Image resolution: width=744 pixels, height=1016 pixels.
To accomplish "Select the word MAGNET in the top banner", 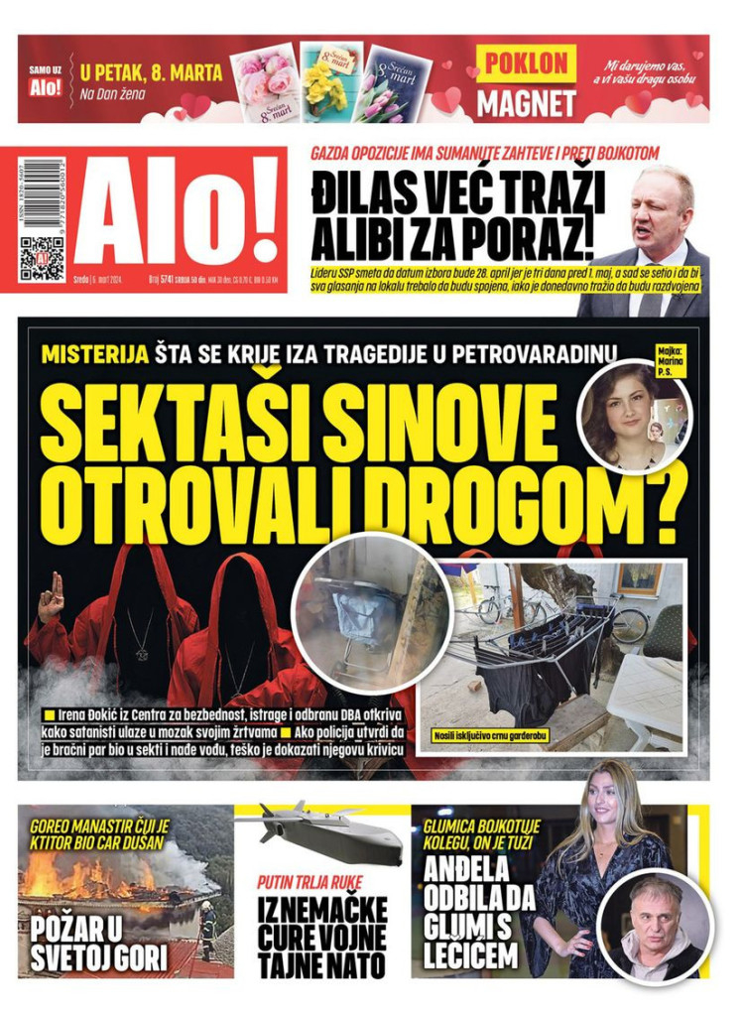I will (x=526, y=102).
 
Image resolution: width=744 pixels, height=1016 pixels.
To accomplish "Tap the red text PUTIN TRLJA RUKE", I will (x=310, y=882).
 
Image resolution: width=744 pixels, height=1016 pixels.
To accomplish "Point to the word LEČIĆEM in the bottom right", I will (x=469, y=955).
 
